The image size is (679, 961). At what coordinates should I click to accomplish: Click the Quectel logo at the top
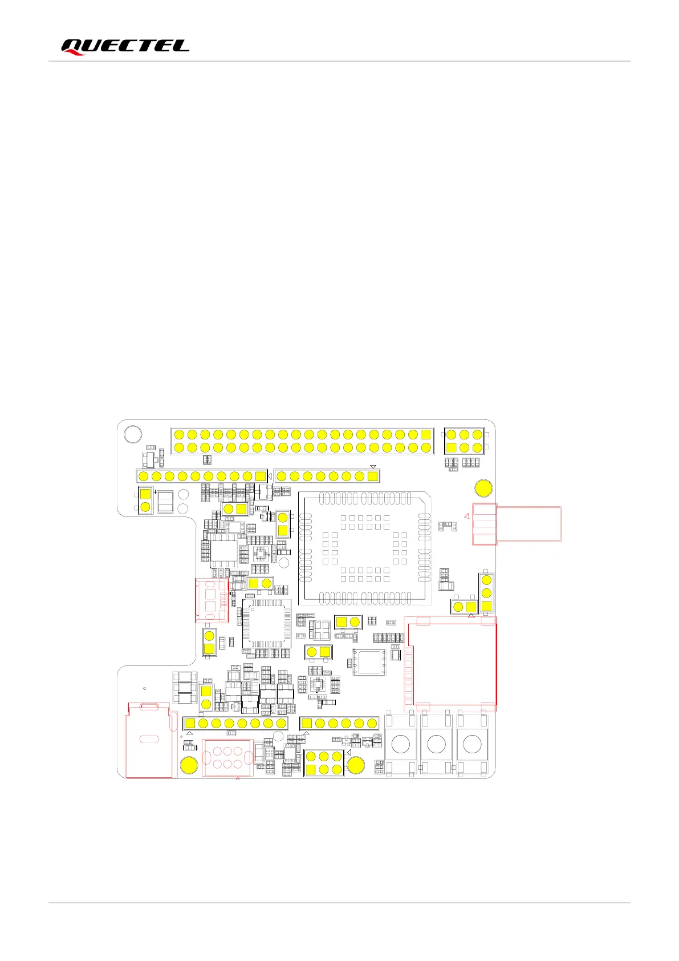tap(125, 46)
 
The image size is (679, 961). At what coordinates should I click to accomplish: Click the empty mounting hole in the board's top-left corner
tap(133, 434)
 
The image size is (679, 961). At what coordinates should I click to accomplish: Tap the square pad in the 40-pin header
tap(426, 435)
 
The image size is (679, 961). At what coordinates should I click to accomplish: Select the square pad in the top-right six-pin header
tap(452, 448)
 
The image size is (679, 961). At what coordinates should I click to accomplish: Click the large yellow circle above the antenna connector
tap(483, 489)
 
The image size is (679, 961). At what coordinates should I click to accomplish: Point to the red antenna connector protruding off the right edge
tap(516, 524)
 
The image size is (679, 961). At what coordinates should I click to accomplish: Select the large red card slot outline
tap(450, 664)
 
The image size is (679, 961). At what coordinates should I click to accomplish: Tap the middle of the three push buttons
tap(436, 744)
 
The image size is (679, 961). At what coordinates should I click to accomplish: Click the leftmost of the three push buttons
tap(401, 744)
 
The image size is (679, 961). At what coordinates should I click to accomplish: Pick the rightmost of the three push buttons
tap(472, 744)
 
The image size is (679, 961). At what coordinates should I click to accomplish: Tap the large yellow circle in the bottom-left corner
tap(189, 765)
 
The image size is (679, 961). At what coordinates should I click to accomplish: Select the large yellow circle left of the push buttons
tap(356, 765)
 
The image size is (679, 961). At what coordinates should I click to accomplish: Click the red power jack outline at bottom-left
tap(148, 740)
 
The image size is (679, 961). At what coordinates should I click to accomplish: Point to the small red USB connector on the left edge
tap(212, 600)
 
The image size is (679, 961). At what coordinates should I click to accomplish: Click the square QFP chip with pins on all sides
tap(266, 623)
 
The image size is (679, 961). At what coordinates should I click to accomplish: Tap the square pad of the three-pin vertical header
tap(486, 605)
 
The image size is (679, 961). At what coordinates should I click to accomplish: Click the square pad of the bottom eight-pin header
tap(190, 724)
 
